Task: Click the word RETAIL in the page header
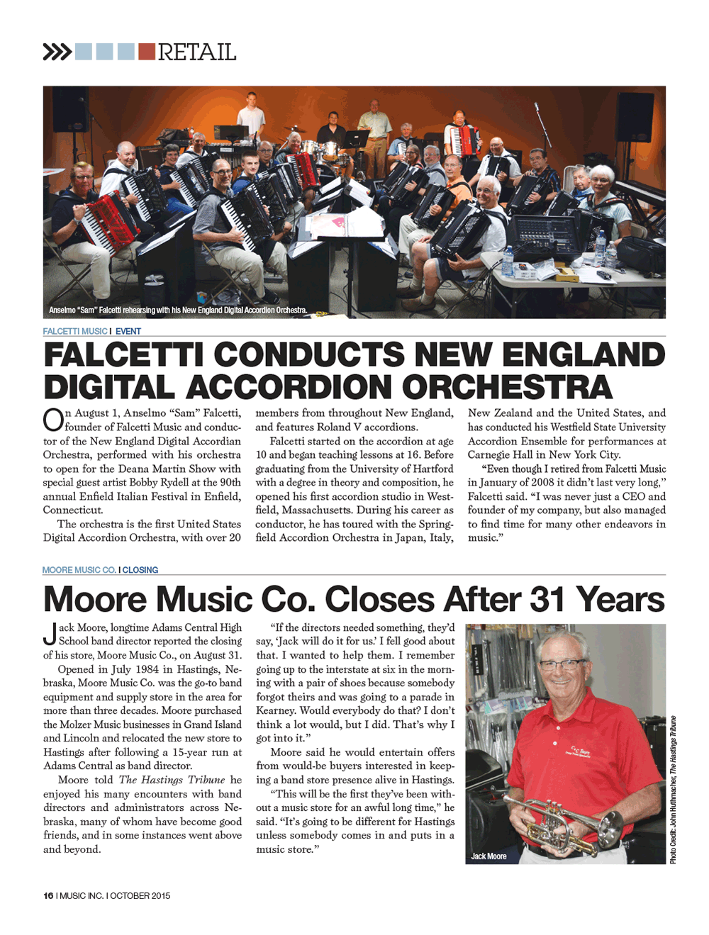(196, 52)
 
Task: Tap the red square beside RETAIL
(147, 51)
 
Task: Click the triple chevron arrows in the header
(57, 52)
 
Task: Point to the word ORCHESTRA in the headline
(507, 387)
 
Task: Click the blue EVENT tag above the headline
(128, 331)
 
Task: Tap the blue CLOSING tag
(140, 570)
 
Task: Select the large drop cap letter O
(52, 420)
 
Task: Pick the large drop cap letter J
(50, 634)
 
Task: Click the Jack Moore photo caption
(489, 856)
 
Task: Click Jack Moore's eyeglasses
(560, 664)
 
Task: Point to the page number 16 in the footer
(48, 895)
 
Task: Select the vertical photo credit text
(673, 790)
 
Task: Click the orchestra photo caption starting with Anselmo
(177, 310)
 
